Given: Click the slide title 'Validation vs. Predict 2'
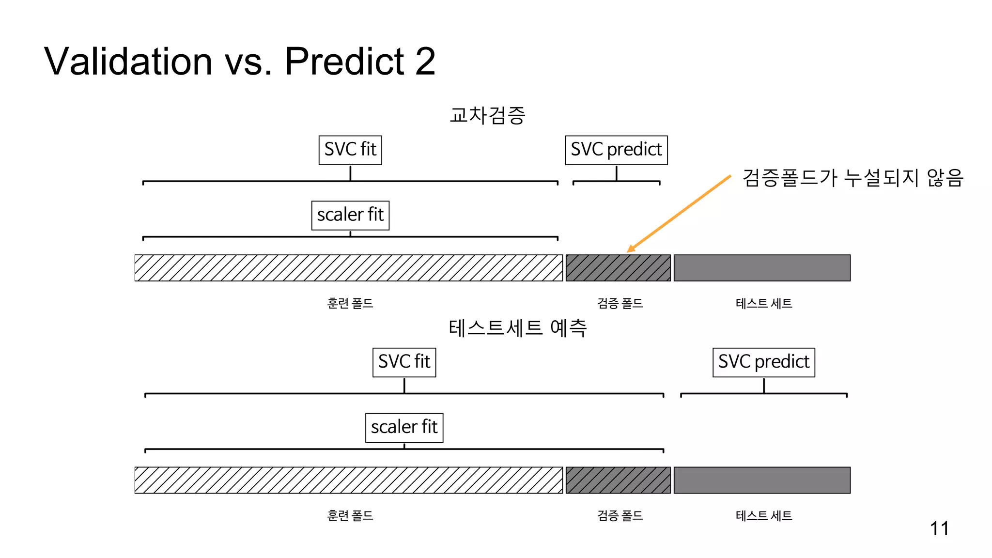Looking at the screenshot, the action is (x=240, y=62).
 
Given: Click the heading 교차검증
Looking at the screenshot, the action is (x=487, y=115).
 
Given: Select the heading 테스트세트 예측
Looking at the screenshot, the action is (x=518, y=328).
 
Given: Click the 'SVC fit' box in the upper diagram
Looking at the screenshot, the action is (x=350, y=150).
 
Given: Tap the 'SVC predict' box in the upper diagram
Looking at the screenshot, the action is (x=616, y=150).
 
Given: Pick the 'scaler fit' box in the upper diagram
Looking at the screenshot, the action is (x=350, y=215).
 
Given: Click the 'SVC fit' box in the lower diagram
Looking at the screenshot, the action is (x=404, y=362).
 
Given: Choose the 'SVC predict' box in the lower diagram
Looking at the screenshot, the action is (x=763, y=362).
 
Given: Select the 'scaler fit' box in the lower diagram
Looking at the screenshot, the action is (x=404, y=427).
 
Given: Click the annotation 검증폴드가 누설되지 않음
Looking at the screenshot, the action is (x=852, y=178).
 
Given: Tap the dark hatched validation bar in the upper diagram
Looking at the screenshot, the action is (x=618, y=268).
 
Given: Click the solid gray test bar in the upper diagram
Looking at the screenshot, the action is (x=762, y=268).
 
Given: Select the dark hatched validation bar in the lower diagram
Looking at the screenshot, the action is (x=618, y=480).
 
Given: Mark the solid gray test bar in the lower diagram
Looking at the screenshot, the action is (x=762, y=480).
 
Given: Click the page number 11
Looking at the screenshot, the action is (x=939, y=528).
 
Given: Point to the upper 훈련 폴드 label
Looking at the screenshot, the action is (x=350, y=303).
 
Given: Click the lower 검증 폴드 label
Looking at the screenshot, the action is (x=620, y=515).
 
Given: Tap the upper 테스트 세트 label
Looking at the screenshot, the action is (x=764, y=303).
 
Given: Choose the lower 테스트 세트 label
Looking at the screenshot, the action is (x=764, y=515).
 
